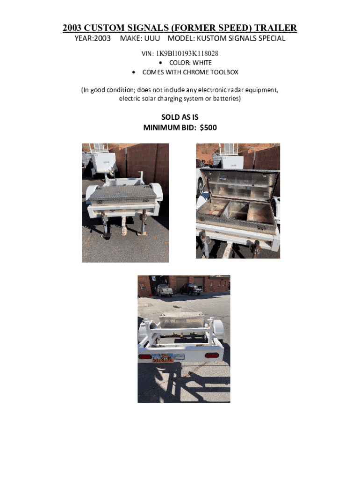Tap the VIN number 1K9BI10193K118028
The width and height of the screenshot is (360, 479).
pyautogui.click(x=187, y=53)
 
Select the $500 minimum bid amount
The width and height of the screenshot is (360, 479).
pyautogui.click(x=208, y=127)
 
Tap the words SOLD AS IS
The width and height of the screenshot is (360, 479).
pyautogui.click(x=180, y=117)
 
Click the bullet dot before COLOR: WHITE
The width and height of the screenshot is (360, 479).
pyautogui.click(x=161, y=63)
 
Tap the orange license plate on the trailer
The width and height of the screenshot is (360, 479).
pyautogui.click(x=162, y=358)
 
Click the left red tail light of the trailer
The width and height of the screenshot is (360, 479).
pyautogui.click(x=145, y=356)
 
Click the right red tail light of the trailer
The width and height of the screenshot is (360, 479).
pyautogui.click(x=212, y=355)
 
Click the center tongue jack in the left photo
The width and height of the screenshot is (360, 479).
pyautogui.click(x=123, y=226)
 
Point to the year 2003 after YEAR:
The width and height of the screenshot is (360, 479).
pyautogui.click(x=102, y=38)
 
